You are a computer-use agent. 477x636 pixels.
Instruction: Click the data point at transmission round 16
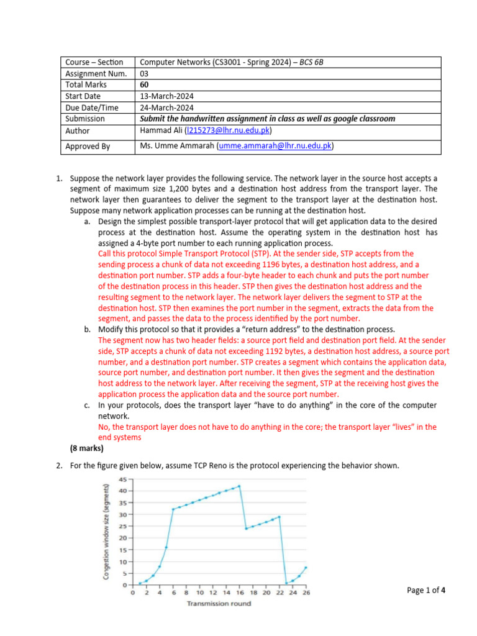[x=239, y=486]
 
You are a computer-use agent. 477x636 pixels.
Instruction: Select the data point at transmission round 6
[x=173, y=509]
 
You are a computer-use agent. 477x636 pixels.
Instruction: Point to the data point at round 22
[x=279, y=517]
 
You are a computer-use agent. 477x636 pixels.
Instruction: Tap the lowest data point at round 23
[x=286, y=583]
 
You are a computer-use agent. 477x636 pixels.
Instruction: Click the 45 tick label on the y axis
[x=123, y=479]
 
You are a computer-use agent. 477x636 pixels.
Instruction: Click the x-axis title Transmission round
[x=219, y=604]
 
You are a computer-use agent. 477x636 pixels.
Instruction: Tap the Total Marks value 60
[x=145, y=84]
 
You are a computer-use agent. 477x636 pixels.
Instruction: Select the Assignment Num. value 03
[x=145, y=73]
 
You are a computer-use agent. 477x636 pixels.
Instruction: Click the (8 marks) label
[x=86, y=448]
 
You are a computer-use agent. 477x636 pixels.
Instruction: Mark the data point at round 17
[x=246, y=529]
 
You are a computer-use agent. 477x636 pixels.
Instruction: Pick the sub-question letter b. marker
[x=88, y=329]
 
